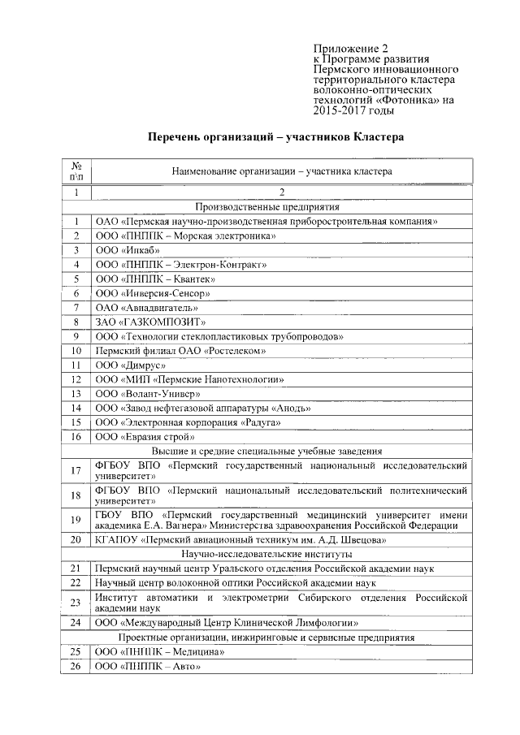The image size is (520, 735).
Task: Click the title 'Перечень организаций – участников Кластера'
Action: point(275,138)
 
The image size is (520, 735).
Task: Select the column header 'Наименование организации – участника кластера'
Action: point(281,171)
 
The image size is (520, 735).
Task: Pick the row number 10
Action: point(76,350)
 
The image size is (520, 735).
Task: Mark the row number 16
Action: point(76,437)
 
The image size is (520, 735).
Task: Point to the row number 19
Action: point(76,520)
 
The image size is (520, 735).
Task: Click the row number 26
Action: point(76,666)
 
